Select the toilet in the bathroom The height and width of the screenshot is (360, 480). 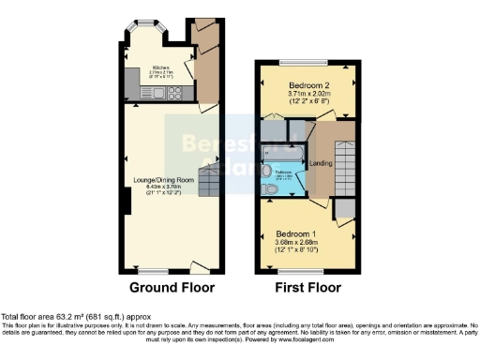coord(271,190)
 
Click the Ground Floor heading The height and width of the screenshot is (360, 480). coord(172,288)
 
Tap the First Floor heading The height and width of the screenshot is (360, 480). coord(306,288)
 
